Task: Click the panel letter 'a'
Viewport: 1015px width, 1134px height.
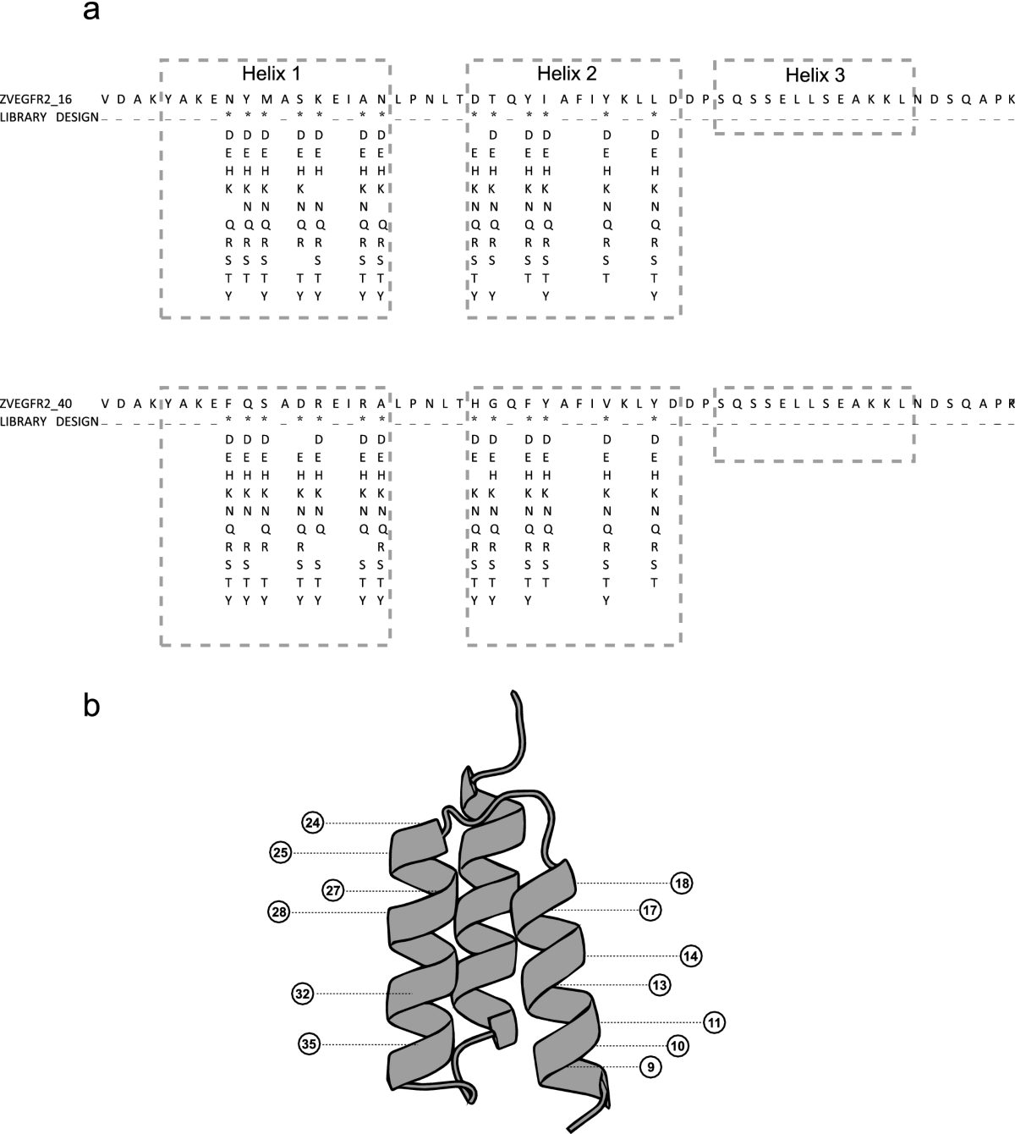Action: point(93,12)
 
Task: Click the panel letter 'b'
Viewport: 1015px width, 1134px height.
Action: point(92,704)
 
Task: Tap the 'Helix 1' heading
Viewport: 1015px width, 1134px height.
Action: point(271,73)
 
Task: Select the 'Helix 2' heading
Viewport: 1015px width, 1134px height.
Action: point(567,73)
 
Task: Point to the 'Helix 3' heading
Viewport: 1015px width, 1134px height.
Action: point(815,75)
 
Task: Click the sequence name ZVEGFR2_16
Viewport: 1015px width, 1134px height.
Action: point(36,98)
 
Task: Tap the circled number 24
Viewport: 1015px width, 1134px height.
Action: point(313,822)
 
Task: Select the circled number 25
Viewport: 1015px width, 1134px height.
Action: point(282,852)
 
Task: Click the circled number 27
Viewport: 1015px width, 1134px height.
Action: point(334,890)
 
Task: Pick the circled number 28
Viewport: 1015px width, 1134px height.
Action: point(278,911)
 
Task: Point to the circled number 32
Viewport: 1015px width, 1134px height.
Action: point(303,993)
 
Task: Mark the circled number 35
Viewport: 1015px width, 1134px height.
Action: point(310,1044)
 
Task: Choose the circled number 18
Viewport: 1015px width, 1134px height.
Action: point(682,884)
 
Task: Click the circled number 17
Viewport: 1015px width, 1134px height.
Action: point(650,911)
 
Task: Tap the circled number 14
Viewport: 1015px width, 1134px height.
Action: point(691,956)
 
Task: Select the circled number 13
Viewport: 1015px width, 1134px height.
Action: point(660,985)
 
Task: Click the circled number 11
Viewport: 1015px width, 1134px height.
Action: point(714,1022)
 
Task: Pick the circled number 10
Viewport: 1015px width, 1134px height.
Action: point(677,1046)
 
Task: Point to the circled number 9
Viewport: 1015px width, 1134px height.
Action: point(650,1067)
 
